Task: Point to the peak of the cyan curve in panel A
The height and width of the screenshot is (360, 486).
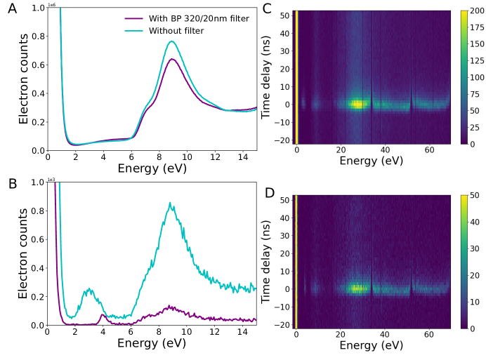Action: pos(171,41)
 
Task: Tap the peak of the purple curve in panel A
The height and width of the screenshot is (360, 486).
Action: pos(171,59)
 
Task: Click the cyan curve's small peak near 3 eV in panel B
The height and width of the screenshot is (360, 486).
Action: pos(89,289)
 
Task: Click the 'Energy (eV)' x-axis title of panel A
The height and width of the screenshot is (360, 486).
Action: pos(152,168)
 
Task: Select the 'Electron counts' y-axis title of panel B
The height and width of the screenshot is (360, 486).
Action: pos(24,253)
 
